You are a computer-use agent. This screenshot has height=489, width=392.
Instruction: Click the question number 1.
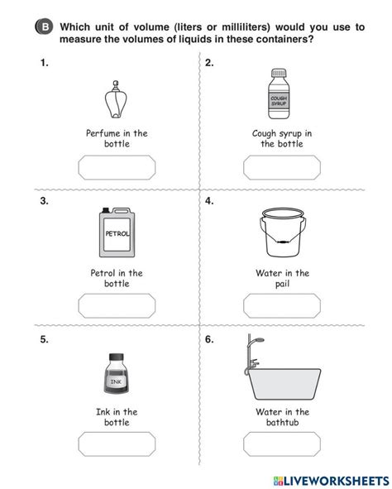coord(42,62)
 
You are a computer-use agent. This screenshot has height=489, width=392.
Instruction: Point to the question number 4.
coord(210,201)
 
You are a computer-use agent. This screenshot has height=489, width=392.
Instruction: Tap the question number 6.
coord(210,339)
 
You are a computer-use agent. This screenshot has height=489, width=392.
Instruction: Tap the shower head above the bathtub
coord(257,342)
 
